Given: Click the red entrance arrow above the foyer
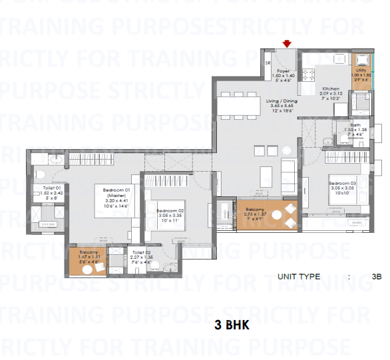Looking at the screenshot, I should coord(287,44).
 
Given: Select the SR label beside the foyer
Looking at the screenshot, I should coord(268,63).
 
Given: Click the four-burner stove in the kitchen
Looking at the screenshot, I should coord(308,74).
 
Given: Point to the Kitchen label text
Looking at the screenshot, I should coord(331,89).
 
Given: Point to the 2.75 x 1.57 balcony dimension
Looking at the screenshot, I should coord(254,214).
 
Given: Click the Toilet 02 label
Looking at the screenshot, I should coord(141,253).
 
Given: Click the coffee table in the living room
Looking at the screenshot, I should coord(265,175).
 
